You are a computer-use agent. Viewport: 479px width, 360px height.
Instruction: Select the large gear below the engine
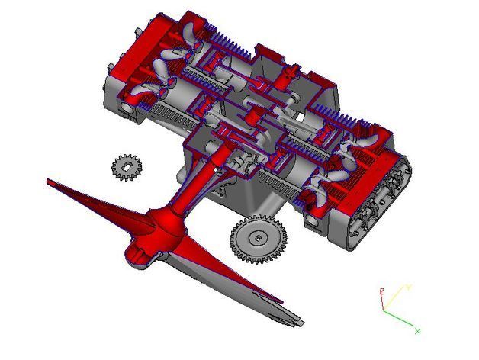point(259,240)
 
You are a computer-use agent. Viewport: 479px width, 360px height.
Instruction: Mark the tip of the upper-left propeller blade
point(50,182)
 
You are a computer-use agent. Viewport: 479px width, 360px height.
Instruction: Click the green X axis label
point(417,330)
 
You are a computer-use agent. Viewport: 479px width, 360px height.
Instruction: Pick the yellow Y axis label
point(409,287)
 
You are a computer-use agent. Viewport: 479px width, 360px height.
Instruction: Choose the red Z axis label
point(381,291)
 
